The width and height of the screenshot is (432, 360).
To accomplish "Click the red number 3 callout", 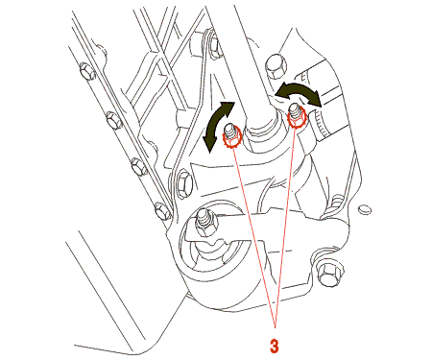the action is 274,346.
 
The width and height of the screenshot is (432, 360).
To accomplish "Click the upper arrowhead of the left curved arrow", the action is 228,108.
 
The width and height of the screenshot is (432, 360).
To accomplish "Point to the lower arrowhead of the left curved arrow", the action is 209,145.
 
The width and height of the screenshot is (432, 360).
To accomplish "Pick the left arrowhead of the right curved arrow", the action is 282,90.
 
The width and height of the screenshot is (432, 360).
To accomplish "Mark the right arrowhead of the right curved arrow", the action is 315,99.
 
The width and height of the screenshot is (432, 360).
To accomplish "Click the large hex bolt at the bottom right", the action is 329,275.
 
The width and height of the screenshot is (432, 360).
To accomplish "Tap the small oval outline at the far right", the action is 365,209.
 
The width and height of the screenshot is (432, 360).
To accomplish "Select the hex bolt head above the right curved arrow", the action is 276,66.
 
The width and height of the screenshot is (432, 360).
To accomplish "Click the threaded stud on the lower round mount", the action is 204,221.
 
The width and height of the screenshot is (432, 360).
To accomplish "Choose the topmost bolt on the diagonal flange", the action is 87,71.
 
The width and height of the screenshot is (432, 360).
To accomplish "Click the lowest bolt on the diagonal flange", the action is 162,211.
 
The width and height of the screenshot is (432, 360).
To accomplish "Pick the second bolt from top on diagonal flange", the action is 114,120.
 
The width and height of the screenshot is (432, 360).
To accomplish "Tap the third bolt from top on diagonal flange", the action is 139,166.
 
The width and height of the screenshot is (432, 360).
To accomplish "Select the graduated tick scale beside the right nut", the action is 320,123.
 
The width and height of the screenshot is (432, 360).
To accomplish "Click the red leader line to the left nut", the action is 254,238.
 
